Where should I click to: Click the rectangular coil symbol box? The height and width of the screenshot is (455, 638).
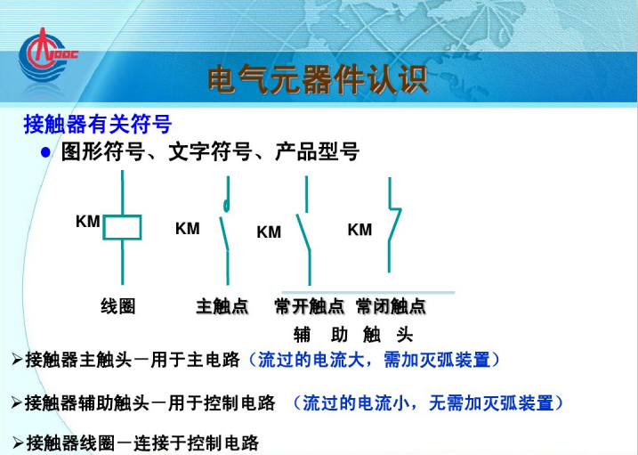tap(122, 227)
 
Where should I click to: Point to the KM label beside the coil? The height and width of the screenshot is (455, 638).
tap(87, 222)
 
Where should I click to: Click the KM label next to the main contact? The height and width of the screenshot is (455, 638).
tap(187, 229)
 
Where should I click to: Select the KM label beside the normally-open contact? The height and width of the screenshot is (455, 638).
tap(269, 232)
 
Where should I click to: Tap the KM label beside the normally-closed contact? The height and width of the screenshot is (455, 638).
tap(359, 230)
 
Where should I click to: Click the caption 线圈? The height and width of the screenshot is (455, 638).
tap(117, 307)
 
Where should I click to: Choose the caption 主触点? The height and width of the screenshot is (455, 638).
tap(222, 307)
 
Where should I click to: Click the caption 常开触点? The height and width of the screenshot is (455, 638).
tap(309, 307)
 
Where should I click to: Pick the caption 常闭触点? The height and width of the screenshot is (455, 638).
tap(391, 307)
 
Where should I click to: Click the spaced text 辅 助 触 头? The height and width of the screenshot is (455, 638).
tap(353, 335)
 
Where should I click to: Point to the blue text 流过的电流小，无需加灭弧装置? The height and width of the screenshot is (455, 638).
tap(433, 402)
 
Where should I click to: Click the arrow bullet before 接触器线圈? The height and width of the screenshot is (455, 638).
tap(18, 443)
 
